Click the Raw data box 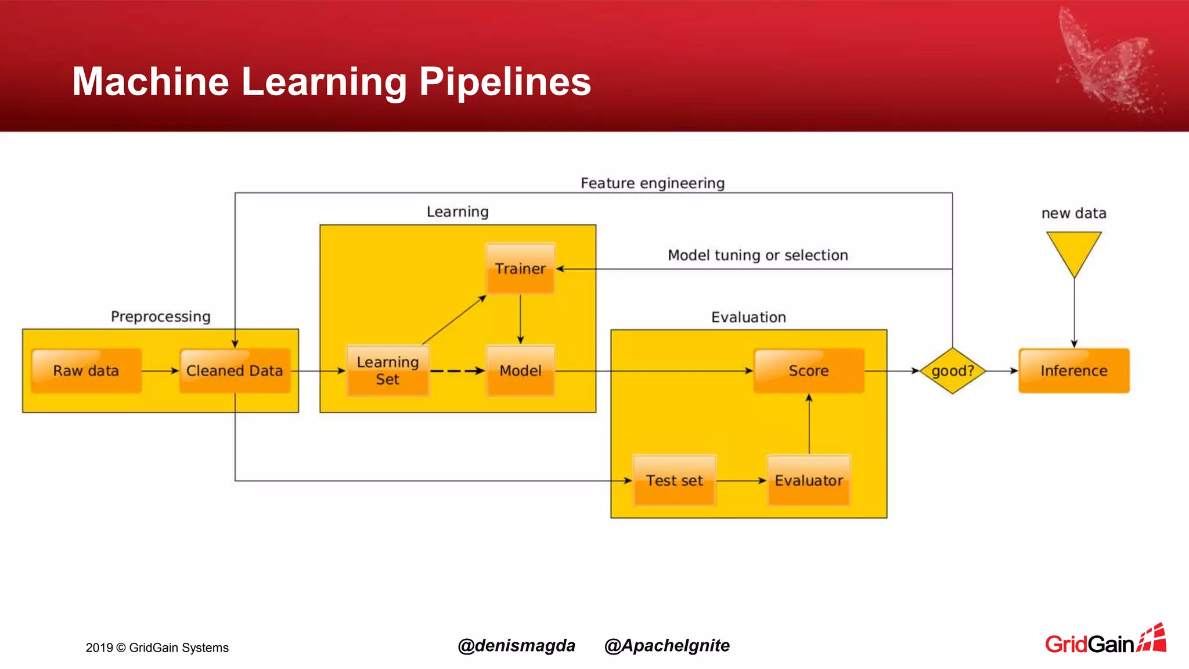coord(86,371)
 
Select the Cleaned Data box coord(235,371)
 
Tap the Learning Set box coord(387,371)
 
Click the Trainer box coord(520,268)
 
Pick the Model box coord(520,371)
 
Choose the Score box coord(808,371)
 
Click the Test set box coord(674,480)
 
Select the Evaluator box coord(808,480)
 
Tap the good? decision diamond coord(953,371)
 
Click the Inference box coord(1073,371)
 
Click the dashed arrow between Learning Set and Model coord(457,371)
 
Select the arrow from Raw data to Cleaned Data coord(160,371)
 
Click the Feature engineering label coord(653,183)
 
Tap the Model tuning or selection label coord(758,255)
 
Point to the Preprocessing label coord(160,316)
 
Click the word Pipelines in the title coord(505,81)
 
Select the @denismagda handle coord(516,645)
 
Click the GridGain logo coord(1105,641)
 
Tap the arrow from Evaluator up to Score coord(809,424)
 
